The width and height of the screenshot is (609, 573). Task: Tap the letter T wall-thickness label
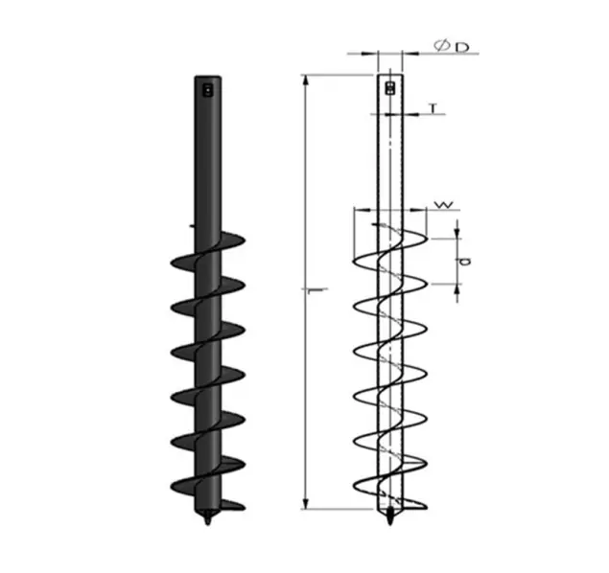(433, 108)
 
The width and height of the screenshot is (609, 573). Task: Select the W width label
(442, 204)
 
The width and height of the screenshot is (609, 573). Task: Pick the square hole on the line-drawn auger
(389, 88)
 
